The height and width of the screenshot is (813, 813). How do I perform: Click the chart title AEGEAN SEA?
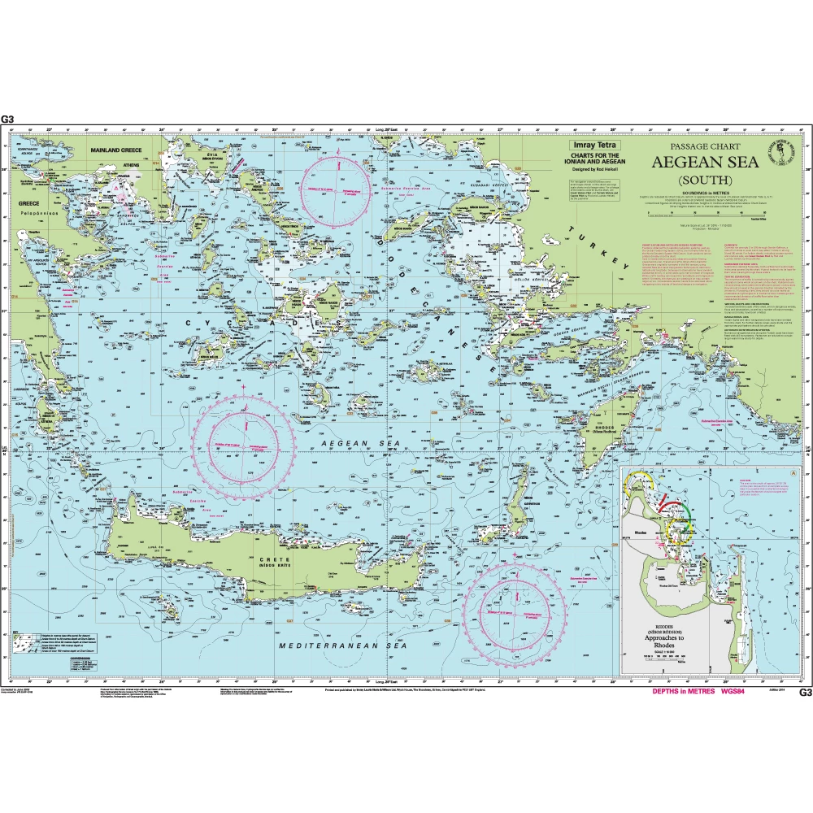pyautogui.click(x=705, y=161)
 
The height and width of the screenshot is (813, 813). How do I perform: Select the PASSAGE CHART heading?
pyautogui.click(x=704, y=146)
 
